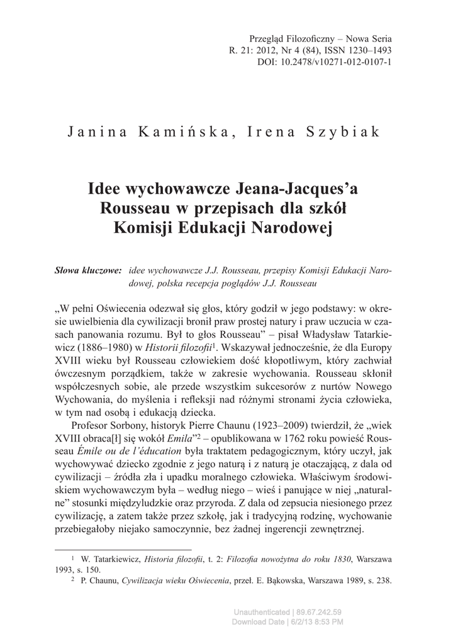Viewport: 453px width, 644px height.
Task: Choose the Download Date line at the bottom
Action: point(288,622)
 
